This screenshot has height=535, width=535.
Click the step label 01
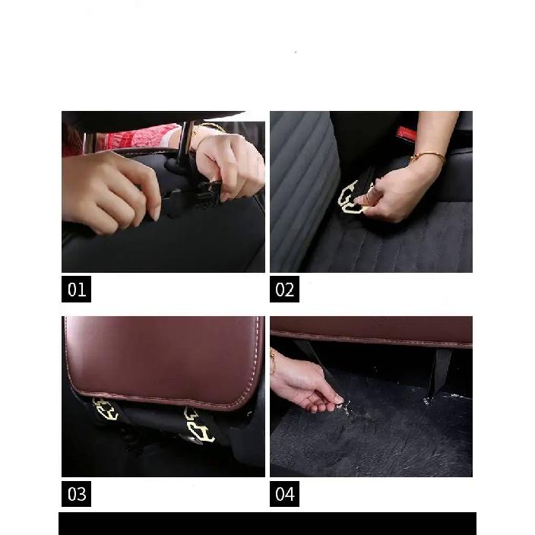(x=76, y=289)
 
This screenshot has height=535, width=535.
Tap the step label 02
(x=284, y=289)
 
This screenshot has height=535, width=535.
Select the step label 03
(x=76, y=494)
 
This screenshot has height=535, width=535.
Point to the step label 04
(x=284, y=494)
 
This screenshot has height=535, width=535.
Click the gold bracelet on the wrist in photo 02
(x=428, y=157)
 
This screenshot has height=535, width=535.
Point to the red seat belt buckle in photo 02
(x=407, y=133)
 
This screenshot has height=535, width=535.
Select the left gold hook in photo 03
(x=105, y=410)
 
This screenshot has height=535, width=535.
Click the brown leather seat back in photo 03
(x=165, y=360)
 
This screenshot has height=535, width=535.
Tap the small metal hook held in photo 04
(x=344, y=408)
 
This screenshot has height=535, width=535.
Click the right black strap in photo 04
(x=440, y=370)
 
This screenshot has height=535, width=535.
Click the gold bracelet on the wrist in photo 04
(x=273, y=362)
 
